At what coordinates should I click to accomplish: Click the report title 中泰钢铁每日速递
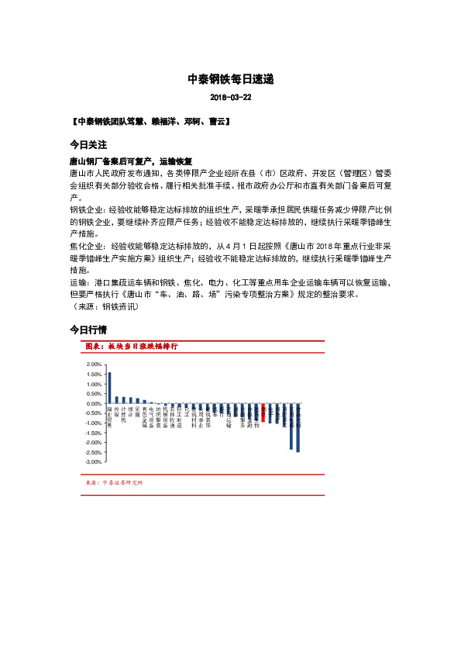231,79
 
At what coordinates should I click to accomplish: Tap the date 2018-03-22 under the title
231,98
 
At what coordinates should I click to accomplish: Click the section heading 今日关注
88,145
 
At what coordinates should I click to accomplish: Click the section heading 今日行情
88,330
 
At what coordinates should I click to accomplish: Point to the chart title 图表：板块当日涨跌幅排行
131,346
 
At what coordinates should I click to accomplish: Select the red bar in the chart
263,411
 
